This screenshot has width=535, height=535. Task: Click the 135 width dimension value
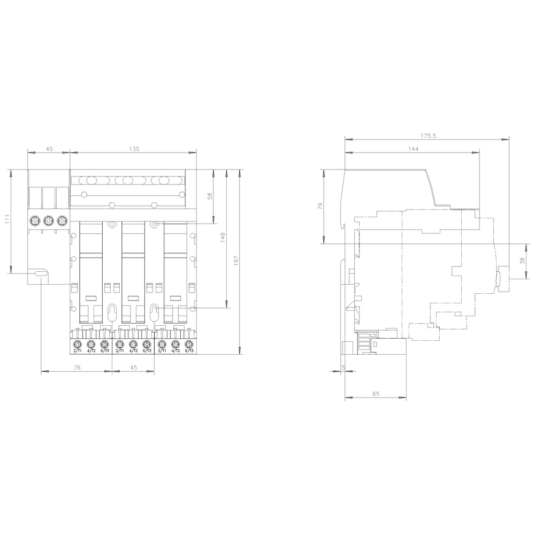tap(134, 149)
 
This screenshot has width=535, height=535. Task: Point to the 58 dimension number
tap(210, 196)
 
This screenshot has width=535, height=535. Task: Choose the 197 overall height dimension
tap(236, 262)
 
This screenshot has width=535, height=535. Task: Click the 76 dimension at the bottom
tap(77, 368)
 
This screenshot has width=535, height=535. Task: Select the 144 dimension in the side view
tap(413, 149)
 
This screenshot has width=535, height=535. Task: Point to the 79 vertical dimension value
tap(320, 206)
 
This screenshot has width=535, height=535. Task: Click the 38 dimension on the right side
tap(522, 262)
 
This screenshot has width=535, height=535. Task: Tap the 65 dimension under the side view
tap(376, 394)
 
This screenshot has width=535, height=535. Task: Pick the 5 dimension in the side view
tap(343, 368)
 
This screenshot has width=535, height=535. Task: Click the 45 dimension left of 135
tap(49, 149)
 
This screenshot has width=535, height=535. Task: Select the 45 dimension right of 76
tap(133, 368)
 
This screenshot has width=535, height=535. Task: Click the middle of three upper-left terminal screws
tap(49, 220)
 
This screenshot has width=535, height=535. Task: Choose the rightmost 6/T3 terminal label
tap(188, 350)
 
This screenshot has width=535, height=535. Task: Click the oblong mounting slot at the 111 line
tap(40, 274)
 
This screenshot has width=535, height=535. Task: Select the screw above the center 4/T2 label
tap(132, 343)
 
